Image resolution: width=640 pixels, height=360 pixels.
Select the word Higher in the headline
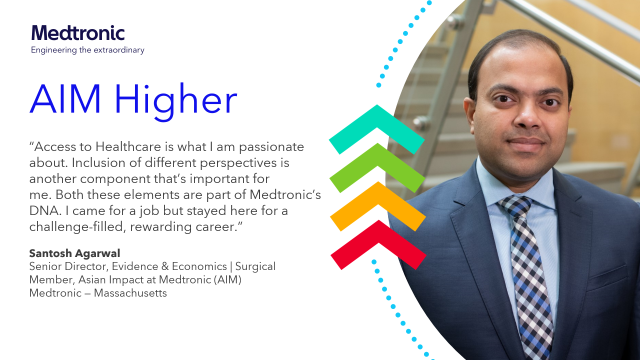pyautogui.click(x=179, y=101)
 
